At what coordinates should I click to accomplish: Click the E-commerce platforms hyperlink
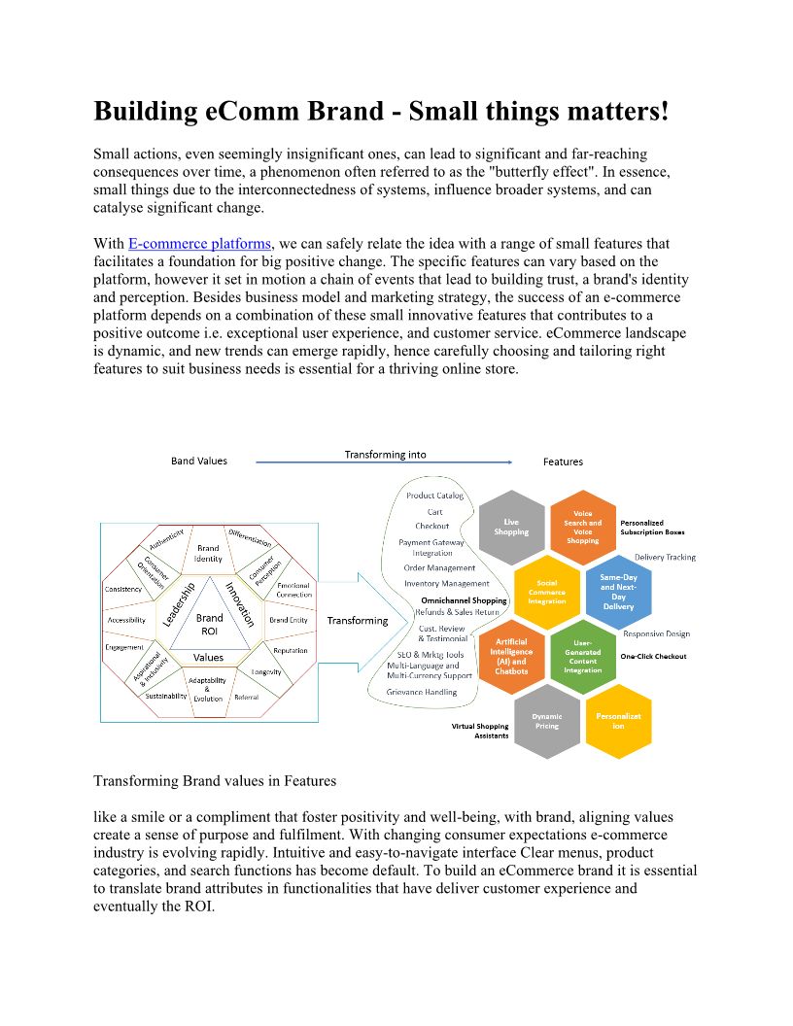(x=199, y=244)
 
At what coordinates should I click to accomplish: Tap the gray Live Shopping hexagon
(x=512, y=527)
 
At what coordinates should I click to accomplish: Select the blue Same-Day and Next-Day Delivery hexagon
(x=618, y=592)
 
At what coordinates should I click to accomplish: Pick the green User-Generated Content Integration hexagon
(x=583, y=656)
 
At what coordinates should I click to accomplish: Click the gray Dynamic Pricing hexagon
(x=547, y=721)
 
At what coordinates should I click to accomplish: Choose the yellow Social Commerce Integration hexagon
(x=547, y=592)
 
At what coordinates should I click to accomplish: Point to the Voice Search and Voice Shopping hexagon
(x=583, y=527)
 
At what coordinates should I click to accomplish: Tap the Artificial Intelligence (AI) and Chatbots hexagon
(x=512, y=656)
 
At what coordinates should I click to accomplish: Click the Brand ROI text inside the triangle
(x=209, y=624)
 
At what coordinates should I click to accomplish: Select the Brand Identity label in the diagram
(x=208, y=553)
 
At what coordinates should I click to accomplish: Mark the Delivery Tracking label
(x=665, y=558)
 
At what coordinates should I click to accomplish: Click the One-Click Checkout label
(x=653, y=656)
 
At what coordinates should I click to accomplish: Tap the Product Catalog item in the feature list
(x=434, y=496)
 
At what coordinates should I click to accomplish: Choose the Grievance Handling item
(x=422, y=692)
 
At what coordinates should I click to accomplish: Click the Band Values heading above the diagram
(x=199, y=461)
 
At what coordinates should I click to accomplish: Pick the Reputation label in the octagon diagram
(x=290, y=650)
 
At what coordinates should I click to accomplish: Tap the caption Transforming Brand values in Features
(x=215, y=781)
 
